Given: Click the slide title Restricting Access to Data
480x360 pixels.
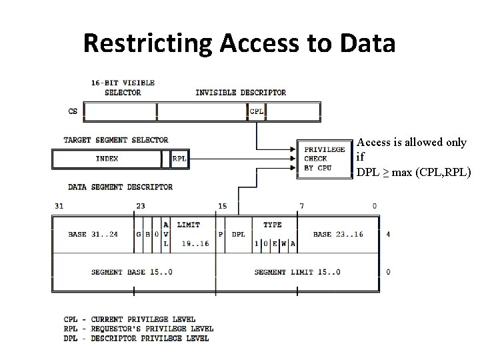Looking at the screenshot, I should pyautogui.click(x=239, y=43).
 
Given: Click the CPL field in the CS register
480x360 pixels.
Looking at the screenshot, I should pyautogui.click(x=256, y=112).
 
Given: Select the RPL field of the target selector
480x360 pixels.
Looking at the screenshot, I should pyautogui.click(x=179, y=159).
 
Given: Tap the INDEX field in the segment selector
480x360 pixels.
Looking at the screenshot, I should pyautogui.click(x=107, y=159).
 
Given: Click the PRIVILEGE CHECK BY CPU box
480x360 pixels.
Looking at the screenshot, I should pyautogui.click(x=324, y=159).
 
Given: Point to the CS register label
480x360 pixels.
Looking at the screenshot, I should pyautogui.click(x=73, y=112).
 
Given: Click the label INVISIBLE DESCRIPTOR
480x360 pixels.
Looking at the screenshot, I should pyautogui.click(x=241, y=93).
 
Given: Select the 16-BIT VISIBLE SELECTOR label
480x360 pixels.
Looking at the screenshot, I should pyautogui.click(x=123, y=88).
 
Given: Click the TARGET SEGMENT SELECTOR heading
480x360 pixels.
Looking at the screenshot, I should pyautogui.click(x=116, y=140).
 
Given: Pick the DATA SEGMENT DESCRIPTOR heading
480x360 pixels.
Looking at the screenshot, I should pyautogui.click(x=120, y=187).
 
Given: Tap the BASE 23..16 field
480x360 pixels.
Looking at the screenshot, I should pyautogui.click(x=337, y=235).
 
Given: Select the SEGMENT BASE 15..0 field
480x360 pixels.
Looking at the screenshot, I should pyautogui.click(x=131, y=272).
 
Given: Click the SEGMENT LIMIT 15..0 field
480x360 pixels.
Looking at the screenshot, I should pyautogui.click(x=297, y=272).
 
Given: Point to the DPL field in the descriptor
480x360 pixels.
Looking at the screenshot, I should pyautogui.click(x=238, y=235).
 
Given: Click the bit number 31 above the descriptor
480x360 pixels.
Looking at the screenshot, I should pyautogui.click(x=59, y=206).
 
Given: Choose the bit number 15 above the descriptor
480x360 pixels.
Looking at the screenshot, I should pyautogui.click(x=223, y=206).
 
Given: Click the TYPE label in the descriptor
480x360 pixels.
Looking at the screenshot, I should pyautogui.click(x=272, y=225).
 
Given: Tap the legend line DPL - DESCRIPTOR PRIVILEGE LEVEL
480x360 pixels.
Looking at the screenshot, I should pyautogui.click(x=136, y=338).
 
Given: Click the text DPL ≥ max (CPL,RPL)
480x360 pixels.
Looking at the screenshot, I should pyautogui.click(x=413, y=173).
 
